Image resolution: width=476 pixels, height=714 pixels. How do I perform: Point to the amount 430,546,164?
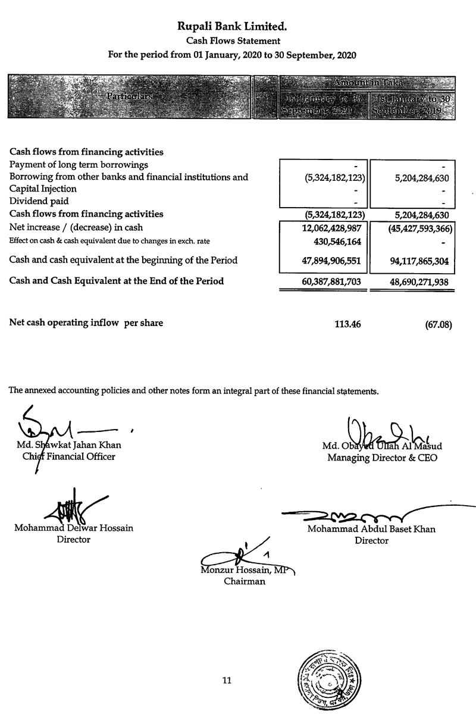[333, 242]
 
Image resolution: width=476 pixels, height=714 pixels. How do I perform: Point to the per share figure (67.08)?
[439, 325]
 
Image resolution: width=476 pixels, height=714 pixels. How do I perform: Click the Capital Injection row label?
[43, 189]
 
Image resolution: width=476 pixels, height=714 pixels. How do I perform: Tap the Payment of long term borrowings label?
[79, 164]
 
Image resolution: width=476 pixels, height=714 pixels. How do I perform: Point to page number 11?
[226, 681]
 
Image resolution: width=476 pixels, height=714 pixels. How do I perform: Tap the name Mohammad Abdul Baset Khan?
[371, 529]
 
